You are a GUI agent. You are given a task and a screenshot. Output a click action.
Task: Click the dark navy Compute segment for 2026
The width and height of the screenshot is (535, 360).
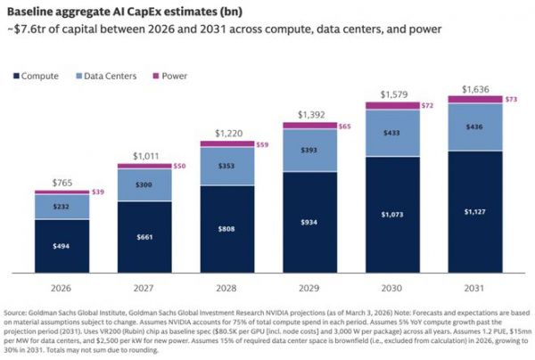pyautogui.click(x=62, y=246)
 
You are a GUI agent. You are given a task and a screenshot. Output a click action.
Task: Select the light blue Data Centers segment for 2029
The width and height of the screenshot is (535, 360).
pyautogui.click(x=309, y=151)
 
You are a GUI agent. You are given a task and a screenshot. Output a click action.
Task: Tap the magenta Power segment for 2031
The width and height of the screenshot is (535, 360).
pyautogui.click(x=475, y=99)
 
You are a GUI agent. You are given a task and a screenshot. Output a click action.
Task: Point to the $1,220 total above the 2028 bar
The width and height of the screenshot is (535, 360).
pyautogui.click(x=228, y=134)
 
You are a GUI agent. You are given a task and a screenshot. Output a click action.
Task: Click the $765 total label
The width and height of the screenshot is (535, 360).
pyautogui.click(x=62, y=183)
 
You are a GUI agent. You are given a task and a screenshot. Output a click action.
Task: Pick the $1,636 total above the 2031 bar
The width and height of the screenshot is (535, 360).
pyautogui.click(x=475, y=89)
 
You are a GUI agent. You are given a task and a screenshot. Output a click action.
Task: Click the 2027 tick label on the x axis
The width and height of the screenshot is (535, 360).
pyautogui.click(x=144, y=288)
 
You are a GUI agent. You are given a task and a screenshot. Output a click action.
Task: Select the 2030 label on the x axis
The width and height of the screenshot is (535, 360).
pyautogui.click(x=391, y=288)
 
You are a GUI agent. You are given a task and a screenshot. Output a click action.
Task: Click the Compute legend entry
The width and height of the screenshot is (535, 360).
pyautogui.click(x=36, y=76)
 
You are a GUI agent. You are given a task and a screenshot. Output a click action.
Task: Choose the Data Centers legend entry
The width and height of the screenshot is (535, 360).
pyautogui.click(x=106, y=76)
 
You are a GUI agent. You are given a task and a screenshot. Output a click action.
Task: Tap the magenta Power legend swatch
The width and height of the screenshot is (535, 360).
pyautogui.click(x=155, y=76)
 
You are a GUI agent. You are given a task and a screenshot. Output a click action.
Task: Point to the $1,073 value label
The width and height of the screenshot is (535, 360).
pyautogui.click(x=392, y=215)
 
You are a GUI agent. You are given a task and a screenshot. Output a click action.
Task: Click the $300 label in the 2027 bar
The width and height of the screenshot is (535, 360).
pyautogui.click(x=144, y=184)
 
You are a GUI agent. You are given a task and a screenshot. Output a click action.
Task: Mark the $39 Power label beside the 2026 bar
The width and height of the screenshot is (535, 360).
pyautogui.click(x=98, y=192)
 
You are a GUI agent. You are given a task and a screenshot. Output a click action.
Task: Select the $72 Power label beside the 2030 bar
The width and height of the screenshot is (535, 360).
pyautogui.click(x=427, y=105)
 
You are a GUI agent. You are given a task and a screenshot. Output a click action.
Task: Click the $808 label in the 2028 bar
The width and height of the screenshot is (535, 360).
pyautogui.click(x=226, y=229)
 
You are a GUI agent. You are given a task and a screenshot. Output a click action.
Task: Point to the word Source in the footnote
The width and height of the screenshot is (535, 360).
pyautogui.click(x=14, y=313)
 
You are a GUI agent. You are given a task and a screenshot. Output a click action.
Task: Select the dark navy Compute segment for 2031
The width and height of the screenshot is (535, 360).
pyautogui.click(x=475, y=212)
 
